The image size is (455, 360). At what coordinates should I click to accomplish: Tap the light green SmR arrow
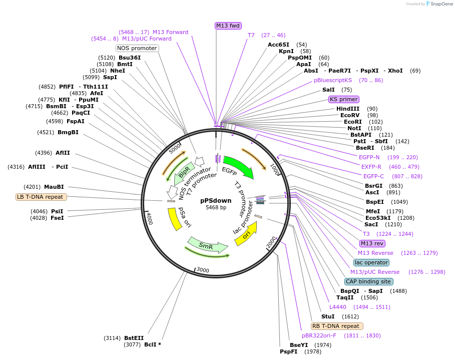pyautogui.click(x=207, y=245)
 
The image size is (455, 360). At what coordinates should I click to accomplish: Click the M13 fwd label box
pyautogui.click(x=228, y=26)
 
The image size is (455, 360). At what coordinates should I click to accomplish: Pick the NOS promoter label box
pyautogui.click(x=137, y=48)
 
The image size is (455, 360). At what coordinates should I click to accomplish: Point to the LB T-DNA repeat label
pyautogui.click(x=40, y=197)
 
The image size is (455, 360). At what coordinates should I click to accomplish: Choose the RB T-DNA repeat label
pyautogui.click(x=335, y=326)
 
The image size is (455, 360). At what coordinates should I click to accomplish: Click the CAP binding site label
pyautogui.click(x=368, y=281)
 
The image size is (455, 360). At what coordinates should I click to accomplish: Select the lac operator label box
pyautogui.click(x=371, y=262)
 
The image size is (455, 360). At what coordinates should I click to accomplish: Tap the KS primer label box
pyautogui.click(x=343, y=99)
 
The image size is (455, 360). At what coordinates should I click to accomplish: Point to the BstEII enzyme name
pyautogui.click(x=134, y=338)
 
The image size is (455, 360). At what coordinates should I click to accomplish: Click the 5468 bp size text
pyautogui.click(x=216, y=207)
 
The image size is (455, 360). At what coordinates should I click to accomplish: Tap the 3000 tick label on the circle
pyautogui.click(x=203, y=270)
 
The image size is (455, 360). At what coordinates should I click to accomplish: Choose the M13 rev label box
pyautogui.click(x=372, y=243)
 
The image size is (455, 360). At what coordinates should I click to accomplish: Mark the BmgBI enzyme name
pyautogui.click(x=68, y=132)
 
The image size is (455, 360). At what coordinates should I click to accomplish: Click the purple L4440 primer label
pyautogui.click(x=337, y=307)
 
